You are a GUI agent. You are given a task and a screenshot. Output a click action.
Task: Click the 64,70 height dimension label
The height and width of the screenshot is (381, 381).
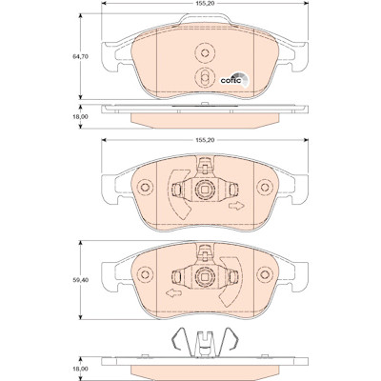[81, 56]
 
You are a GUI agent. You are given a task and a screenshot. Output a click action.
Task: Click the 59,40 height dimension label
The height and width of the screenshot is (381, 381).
[81, 280]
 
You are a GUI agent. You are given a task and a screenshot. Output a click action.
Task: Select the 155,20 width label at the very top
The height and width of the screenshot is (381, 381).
[205, 3]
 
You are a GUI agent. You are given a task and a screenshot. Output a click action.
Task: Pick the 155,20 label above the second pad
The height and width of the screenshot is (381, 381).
[205, 140]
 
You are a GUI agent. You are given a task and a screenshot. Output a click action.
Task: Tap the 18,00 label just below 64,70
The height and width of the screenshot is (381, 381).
[81, 117]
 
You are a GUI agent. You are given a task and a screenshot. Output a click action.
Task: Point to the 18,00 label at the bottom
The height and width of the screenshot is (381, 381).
[81, 369]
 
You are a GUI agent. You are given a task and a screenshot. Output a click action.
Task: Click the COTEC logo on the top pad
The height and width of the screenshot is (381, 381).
[235, 80]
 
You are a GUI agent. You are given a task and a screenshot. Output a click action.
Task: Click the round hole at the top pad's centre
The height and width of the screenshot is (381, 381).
[205, 52]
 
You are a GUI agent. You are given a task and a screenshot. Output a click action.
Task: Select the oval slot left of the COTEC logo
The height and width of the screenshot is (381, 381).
[205, 77]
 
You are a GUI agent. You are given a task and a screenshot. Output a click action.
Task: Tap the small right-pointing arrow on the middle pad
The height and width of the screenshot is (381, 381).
[236, 206]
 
